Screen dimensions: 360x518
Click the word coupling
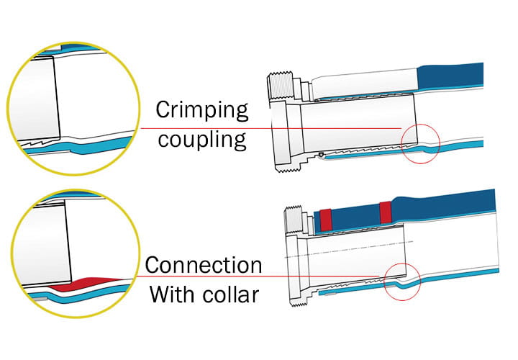(x=202, y=138)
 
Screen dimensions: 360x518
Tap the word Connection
(x=204, y=265)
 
